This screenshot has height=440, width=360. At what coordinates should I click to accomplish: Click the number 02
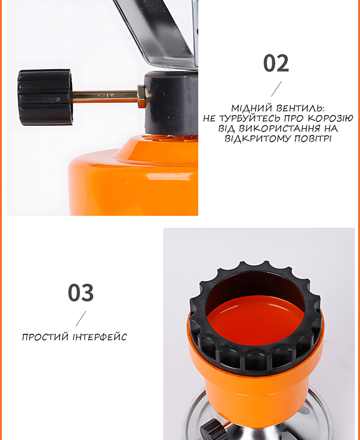[276, 63]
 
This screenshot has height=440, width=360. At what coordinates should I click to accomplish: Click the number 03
[80, 293]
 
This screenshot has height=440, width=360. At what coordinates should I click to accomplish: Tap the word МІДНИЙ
[251, 108]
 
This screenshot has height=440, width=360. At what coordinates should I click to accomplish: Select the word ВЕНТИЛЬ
[300, 108]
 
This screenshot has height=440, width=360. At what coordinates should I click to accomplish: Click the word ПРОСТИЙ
[45, 337]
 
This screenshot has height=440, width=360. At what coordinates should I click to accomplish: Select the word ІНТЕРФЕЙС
[100, 337]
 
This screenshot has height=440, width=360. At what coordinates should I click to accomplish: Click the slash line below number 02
[276, 89]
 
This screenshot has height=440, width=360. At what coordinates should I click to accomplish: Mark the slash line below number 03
[80, 319]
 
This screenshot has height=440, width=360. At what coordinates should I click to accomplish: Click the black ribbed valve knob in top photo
[45, 97]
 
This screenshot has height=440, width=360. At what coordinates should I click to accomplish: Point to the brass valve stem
[105, 96]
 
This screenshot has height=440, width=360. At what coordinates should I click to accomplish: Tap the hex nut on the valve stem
[142, 96]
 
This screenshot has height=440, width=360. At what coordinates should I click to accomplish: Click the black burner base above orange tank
[172, 103]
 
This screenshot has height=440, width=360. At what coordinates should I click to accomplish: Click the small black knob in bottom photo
[211, 429]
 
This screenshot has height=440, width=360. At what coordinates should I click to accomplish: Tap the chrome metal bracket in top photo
[157, 31]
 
